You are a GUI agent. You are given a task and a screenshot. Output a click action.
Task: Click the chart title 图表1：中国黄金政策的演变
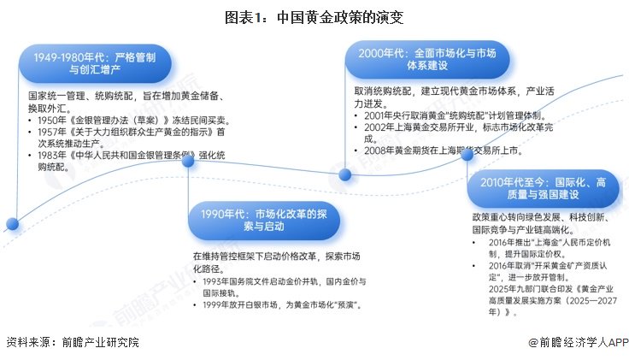click(314, 16)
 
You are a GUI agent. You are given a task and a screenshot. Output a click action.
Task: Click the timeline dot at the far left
click(12, 224)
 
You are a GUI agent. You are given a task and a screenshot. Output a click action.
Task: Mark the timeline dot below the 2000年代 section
click(345, 174)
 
